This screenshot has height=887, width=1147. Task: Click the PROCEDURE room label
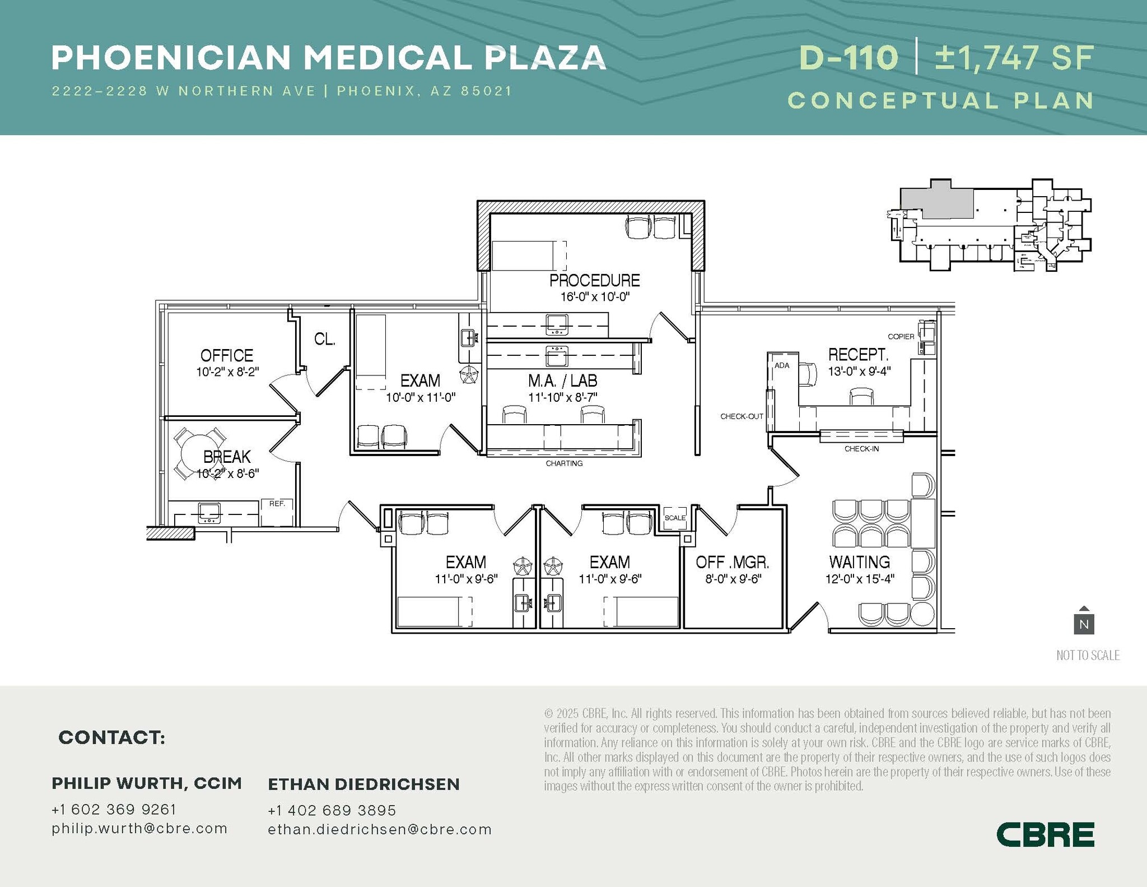[594, 280]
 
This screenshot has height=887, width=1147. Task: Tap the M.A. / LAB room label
[562, 381]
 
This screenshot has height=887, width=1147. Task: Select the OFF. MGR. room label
[732, 562]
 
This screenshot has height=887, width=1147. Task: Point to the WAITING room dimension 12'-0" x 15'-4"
[860, 579]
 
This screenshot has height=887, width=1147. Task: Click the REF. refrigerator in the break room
[277, 512]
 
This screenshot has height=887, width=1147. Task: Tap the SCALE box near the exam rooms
[675, 518]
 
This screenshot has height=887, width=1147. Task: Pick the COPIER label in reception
[901, 337]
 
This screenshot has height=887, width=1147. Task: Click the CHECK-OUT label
[742, 416]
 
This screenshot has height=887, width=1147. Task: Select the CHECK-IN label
[861, 449]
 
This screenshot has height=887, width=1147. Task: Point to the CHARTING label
[564, 463]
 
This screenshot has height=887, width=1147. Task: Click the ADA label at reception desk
[782, 365]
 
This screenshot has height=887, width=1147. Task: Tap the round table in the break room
[199, 453]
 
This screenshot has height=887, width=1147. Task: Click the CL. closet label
[324, 339]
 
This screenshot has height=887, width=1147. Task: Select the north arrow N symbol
[1084, 621]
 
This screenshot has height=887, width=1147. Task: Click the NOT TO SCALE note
[1088, 655]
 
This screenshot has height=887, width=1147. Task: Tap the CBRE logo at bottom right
[1045, 834]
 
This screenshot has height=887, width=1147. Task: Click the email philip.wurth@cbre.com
[139, 828]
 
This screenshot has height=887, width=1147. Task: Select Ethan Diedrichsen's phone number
[332, 810]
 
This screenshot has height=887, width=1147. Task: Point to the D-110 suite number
[848, 58]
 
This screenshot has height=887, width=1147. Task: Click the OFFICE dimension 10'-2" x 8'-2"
[227, 371]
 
